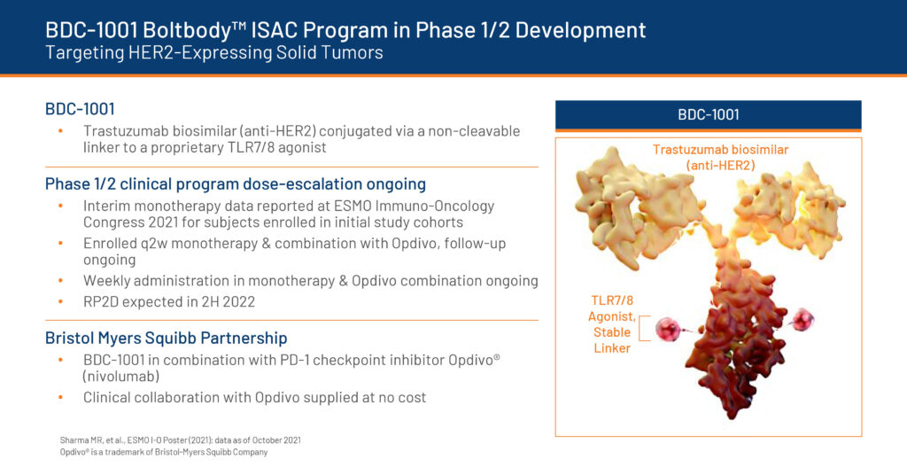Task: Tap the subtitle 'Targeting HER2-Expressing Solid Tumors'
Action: coord(214,52)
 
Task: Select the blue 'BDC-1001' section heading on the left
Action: coord(80,109)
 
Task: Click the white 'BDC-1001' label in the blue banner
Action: coord(708,114)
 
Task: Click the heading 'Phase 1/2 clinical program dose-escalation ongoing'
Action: coord(236,184)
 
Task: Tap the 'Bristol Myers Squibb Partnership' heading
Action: coord(166,338)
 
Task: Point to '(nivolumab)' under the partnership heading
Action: coord(121,376)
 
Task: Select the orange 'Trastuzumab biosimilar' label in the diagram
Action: coord(721,150)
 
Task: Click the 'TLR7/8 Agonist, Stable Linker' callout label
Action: coord(611,324)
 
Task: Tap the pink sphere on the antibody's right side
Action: coord(802,319)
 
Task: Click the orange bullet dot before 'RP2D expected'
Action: coord(61,301)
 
